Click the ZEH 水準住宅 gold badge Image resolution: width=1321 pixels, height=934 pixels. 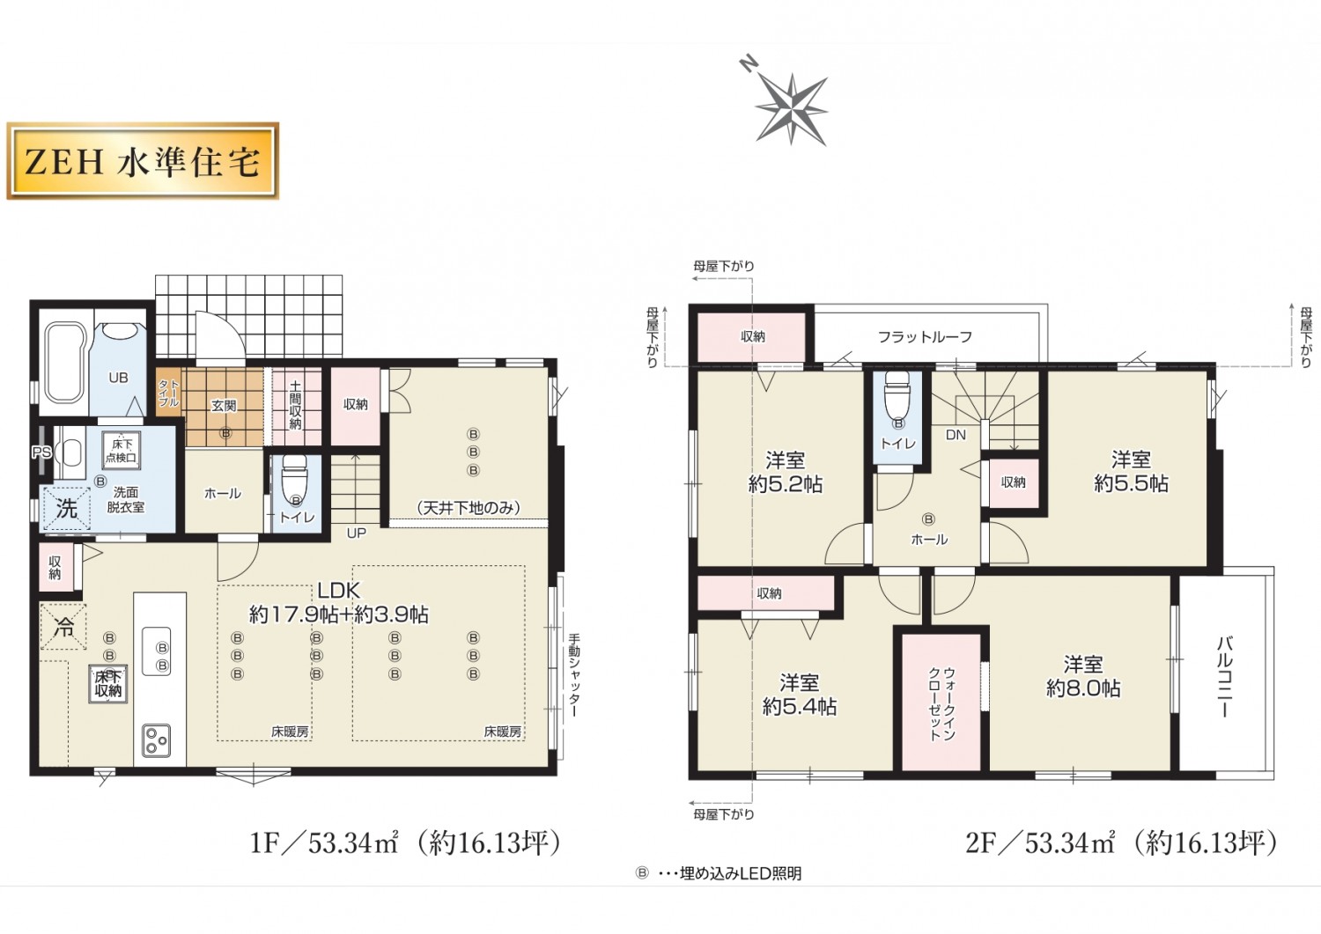(x=142, y=160)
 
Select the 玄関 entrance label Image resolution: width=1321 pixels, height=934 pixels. (x=224, y=406)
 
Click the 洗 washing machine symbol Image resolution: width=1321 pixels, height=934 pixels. (x=66, y=509)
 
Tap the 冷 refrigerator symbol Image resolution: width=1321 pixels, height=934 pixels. (x=63, y=627)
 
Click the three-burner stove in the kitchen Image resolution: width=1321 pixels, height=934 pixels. (x=156, y=740)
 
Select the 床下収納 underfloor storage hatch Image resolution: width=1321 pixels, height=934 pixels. (x=108, y=685)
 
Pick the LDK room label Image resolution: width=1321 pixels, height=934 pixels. (x=338, y=590)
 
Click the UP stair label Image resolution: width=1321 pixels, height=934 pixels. (x=356, y=533)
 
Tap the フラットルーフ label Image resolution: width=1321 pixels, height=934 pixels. (x=925, y=337)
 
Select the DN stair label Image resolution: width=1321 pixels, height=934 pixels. (x=956, y=435)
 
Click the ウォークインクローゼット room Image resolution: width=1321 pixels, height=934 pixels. (x=941, y=702)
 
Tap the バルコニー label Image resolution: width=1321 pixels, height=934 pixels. (x=1226, y=676)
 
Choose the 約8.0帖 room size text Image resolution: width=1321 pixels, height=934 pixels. (x=1083, y=688)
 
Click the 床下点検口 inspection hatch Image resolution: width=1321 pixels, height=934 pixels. (x=121, y=451)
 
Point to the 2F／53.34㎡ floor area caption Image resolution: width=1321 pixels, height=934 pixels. (x=1121, y=843)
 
